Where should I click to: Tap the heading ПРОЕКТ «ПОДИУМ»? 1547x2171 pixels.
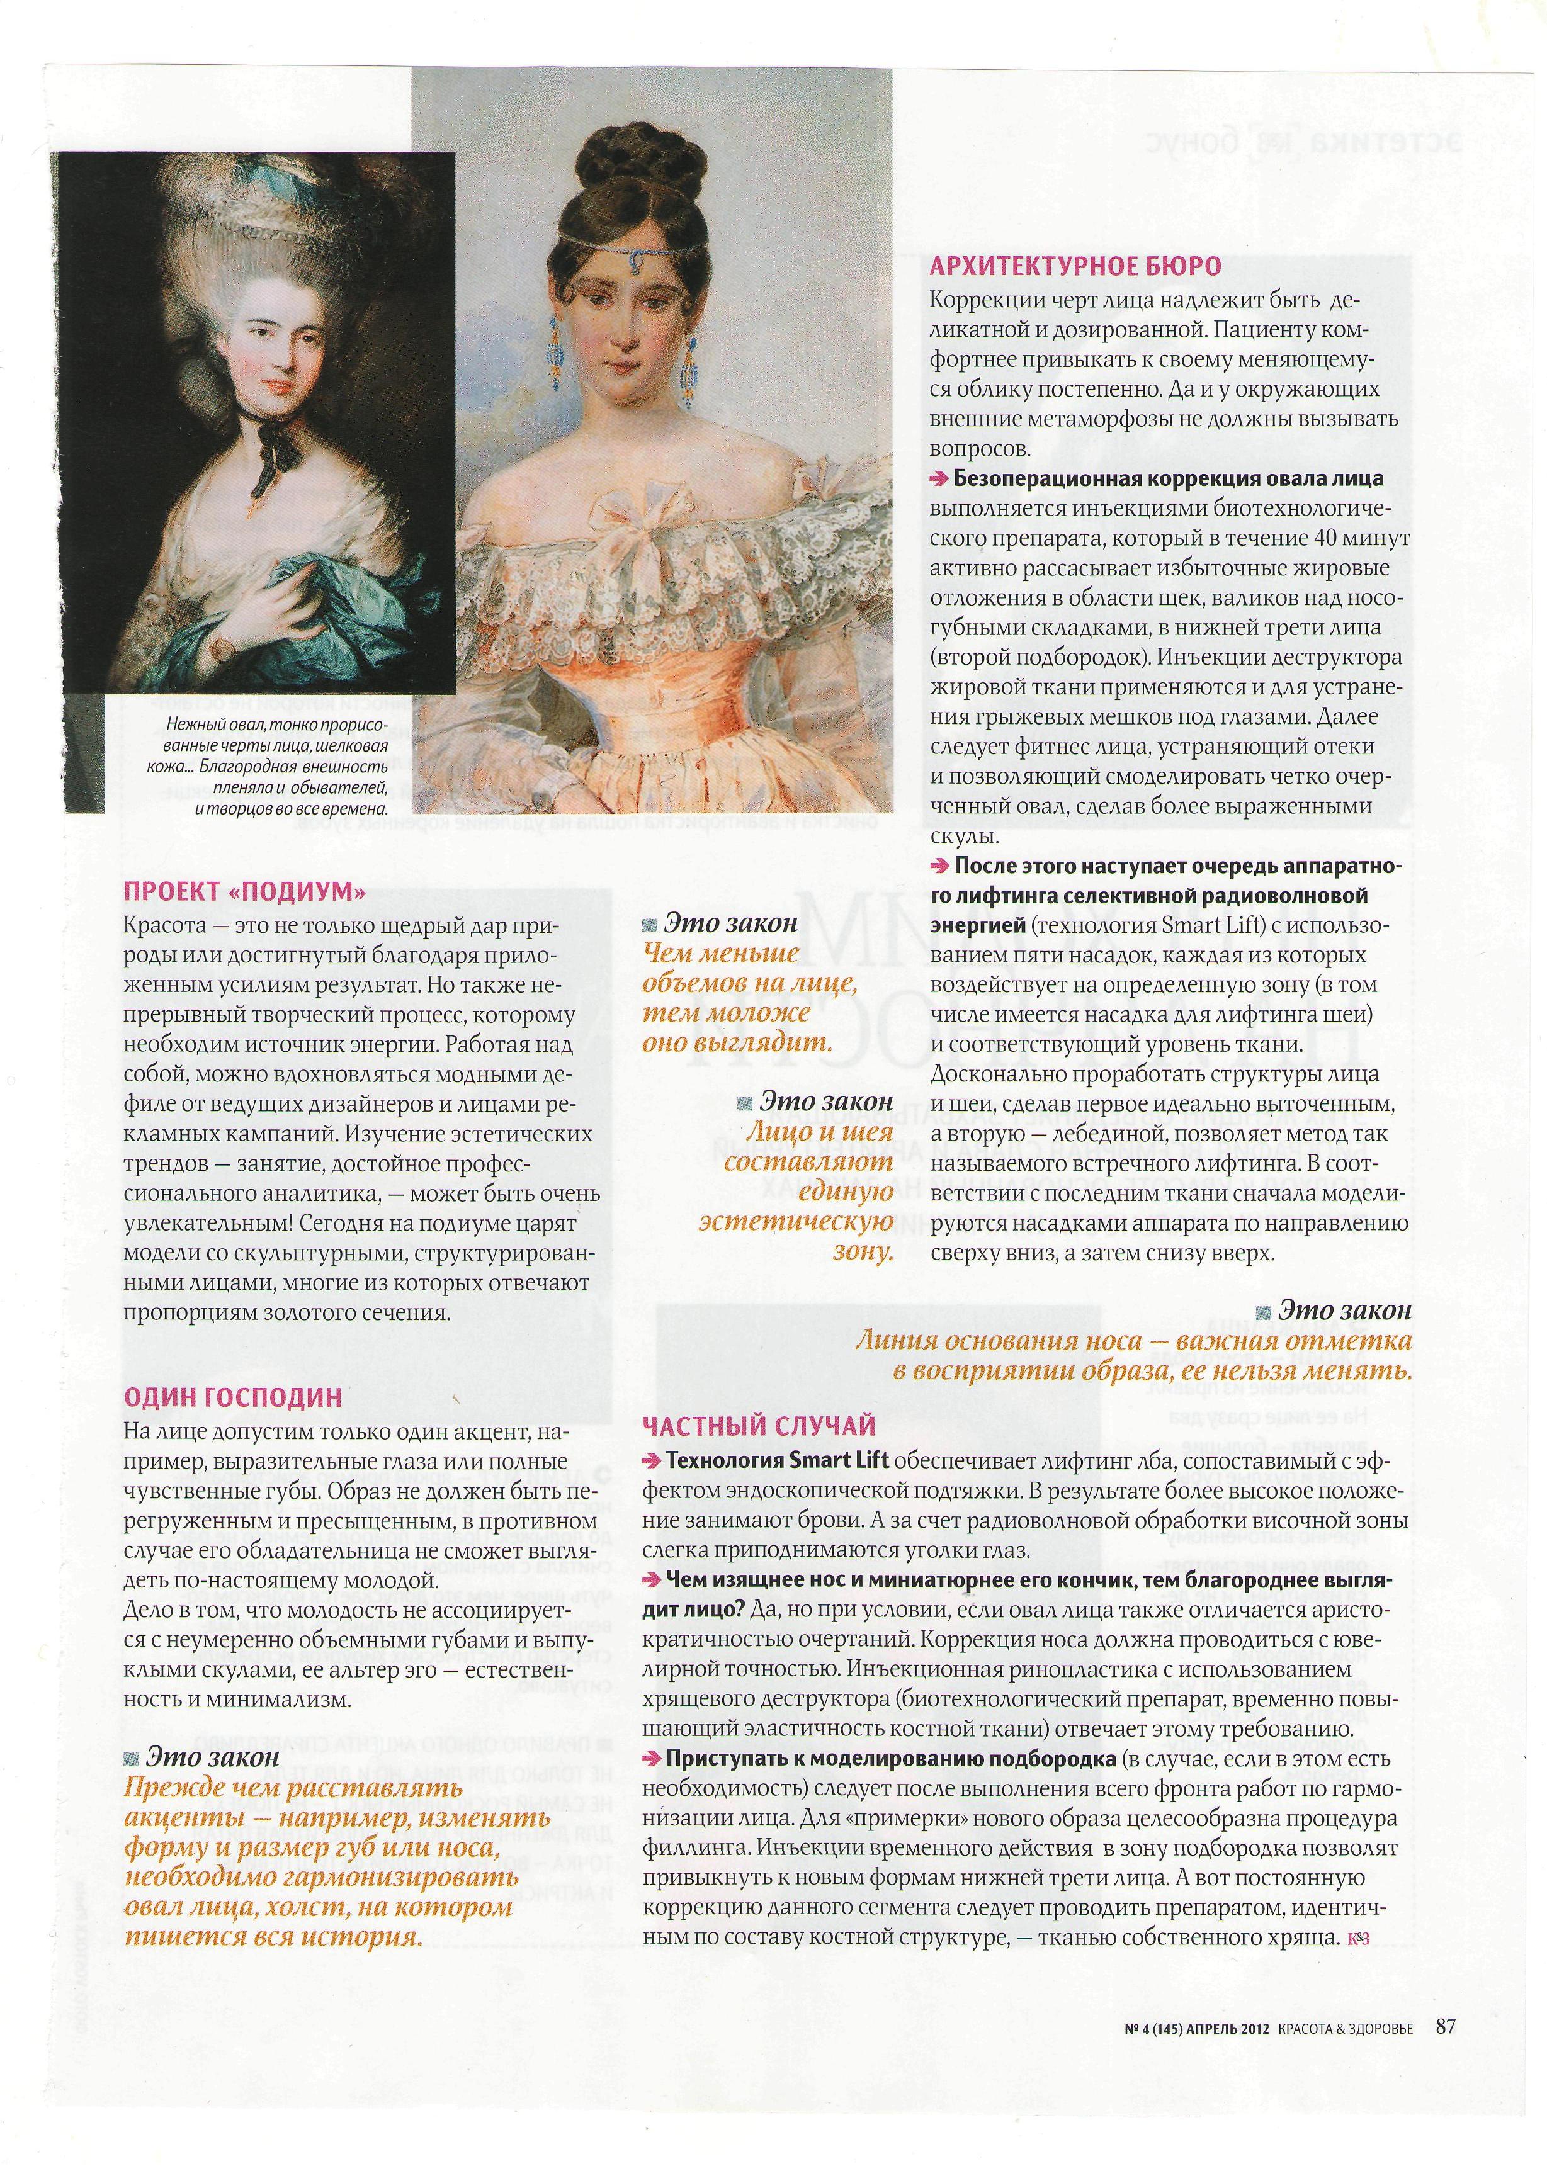[x=245, y=891]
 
